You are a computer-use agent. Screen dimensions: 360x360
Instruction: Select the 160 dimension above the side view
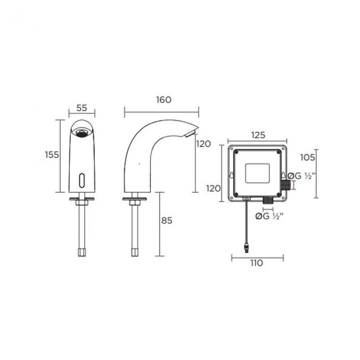coord(164,100)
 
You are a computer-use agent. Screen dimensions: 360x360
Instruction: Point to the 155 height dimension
coord(52,155)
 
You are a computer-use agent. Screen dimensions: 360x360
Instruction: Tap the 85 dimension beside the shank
coord(167,220)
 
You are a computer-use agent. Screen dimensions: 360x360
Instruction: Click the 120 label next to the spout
coord(204,144)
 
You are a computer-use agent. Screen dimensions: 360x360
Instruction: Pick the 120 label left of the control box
coord(214,188)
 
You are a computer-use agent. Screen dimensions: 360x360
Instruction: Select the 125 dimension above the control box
coord(258,135)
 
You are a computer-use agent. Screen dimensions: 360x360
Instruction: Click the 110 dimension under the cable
coord(256,264)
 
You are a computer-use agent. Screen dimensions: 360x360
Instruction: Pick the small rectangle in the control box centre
coord(258,173)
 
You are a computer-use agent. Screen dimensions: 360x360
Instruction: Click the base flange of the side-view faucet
coord(135,198)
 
